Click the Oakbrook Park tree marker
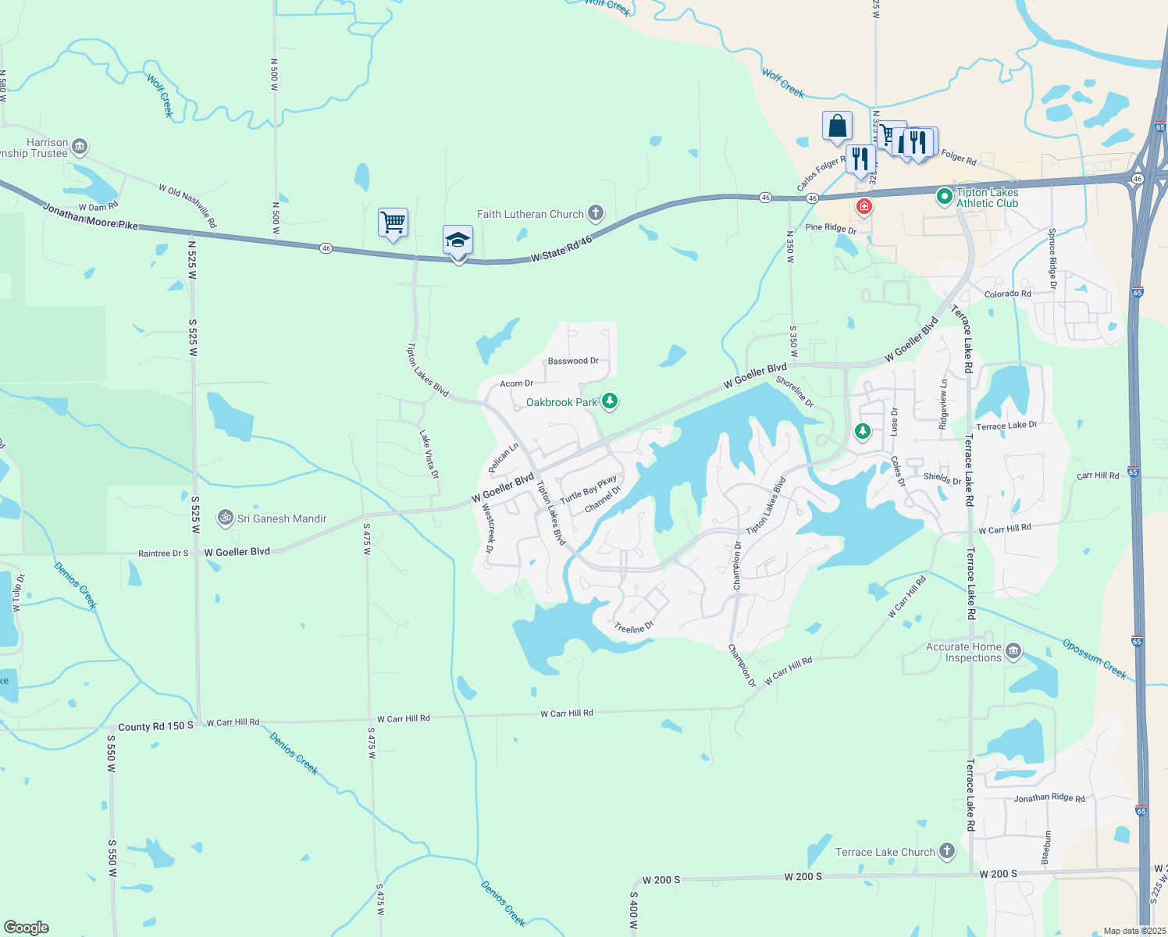tap(610, 401)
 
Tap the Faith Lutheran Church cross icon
tap(595, 213)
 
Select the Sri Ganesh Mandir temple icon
tap(225, 518)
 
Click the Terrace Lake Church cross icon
tap(946, 851)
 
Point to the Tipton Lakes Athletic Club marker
tap(944, 194)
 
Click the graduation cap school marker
tap(458, 240)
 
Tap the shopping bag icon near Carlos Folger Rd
tap(836, 126)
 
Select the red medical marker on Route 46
tap(864, 206)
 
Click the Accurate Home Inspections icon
tap(1013, 651)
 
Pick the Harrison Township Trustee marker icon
tap(80, 147)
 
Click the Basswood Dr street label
tap(572, 361)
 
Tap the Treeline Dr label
tap(633, 627)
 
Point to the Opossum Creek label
tap(1095, 658)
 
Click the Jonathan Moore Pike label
tap(90, 217)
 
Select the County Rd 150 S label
tap(155, 726)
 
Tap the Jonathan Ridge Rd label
tap(1049, 798)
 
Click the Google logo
tap(26, 927)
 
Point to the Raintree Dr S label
tap(163, 553)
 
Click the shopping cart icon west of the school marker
tap(393, 223)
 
